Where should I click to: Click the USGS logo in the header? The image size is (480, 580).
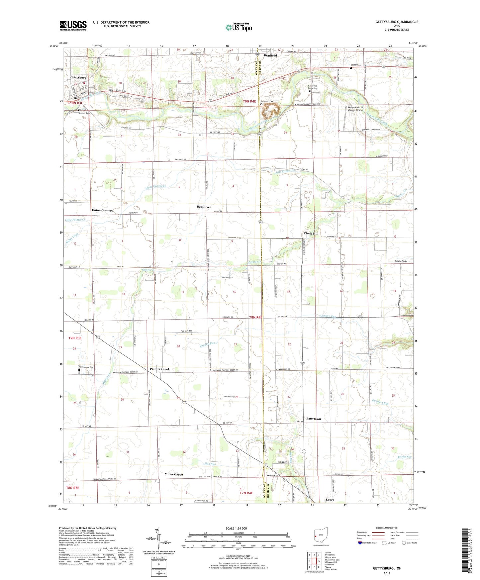click(73, 25)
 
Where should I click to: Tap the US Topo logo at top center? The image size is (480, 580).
click(238, 27)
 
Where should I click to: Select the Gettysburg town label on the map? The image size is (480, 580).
click(78, 78)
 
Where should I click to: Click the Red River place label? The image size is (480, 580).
click(204, 207)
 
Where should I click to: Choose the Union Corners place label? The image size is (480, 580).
click(102, 210)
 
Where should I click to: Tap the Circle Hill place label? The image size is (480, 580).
click(311, 234)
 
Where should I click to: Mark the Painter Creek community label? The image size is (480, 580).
click(160, 369)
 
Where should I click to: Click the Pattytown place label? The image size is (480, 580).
click(314, 419)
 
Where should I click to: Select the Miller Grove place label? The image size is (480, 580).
click(174, 474)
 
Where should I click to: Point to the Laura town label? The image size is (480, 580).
click(330, 500)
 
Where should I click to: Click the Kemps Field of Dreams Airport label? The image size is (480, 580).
click(355, 109)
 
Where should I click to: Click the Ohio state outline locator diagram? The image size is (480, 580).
click(321, 535)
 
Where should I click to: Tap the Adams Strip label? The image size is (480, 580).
click(401, 261)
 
